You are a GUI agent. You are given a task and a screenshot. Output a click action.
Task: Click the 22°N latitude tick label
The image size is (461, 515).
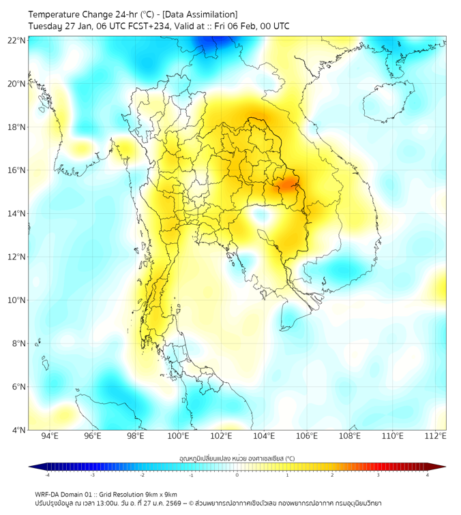[17, 40]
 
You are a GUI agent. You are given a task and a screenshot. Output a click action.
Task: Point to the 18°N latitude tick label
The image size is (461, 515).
[17, 127]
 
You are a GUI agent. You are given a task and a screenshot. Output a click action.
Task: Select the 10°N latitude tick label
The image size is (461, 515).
[17, 300]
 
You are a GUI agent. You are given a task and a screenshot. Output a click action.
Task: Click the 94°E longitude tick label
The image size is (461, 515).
[50, 437]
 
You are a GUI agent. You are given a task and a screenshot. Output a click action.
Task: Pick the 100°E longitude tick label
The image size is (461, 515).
[179, 437]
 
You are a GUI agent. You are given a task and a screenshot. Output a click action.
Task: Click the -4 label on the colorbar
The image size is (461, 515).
[47, 475]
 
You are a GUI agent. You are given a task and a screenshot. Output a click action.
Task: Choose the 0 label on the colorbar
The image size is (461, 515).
[237, 475]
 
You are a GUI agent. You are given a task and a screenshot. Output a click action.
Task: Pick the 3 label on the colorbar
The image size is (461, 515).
[380, 475]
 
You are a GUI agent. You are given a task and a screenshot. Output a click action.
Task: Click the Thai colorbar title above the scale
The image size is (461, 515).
[237, 458]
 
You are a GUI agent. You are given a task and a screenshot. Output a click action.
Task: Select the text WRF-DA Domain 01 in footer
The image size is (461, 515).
[65, 494]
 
